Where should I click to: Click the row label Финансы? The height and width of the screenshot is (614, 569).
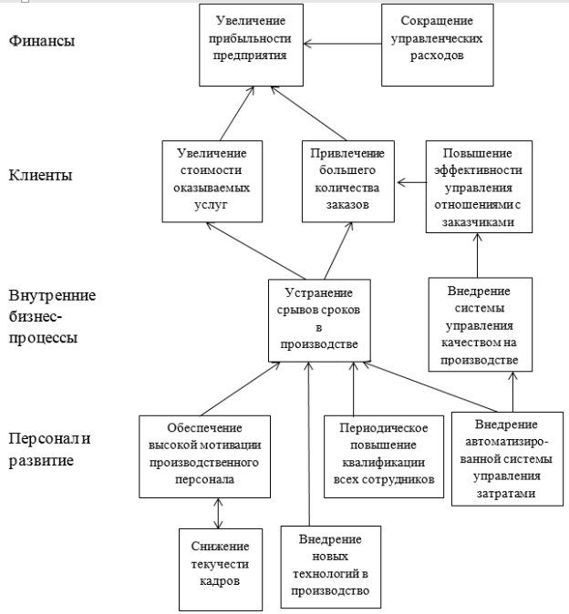click(x=42, y=41)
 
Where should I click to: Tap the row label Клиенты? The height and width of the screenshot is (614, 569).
click(x=40, y=175)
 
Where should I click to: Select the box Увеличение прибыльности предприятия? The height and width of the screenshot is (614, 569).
click(x=251, y=45)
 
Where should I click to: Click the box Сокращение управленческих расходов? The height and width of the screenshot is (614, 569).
click(x=438, y=45)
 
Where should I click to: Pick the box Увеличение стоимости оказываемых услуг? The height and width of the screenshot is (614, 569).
click(x=212, y=181)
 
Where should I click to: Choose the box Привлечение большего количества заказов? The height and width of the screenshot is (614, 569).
click(x=348, y=181)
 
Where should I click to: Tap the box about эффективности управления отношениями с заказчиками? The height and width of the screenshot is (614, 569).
click(x=479, y=187)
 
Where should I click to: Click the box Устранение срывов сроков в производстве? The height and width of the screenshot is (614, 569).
click(x=319, y=321)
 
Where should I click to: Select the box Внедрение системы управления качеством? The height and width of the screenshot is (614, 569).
click(x=480, y=324)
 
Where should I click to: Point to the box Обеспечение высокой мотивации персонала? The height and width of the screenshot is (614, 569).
click(x=204, y=456)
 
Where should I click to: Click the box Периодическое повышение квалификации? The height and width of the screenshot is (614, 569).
click(x=384, y=456)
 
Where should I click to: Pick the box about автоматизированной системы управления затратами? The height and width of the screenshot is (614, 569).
click(x=507, y=459)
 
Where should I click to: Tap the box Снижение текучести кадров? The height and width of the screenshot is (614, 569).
click(x=221, y=569)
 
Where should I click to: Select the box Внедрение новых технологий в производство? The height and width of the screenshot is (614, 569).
click(x=331, y=567)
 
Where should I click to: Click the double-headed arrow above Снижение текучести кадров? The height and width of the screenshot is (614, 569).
click(x=218, y=514)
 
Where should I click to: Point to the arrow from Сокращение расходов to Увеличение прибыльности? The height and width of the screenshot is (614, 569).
click(x=343, y=44)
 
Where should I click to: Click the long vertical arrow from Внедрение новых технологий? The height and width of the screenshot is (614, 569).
click(x=309, y=444)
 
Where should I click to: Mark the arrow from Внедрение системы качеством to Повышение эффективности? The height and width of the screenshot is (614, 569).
click(x=477, y=255)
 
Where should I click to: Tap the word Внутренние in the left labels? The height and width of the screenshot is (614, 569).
click(x=52, y=295)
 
